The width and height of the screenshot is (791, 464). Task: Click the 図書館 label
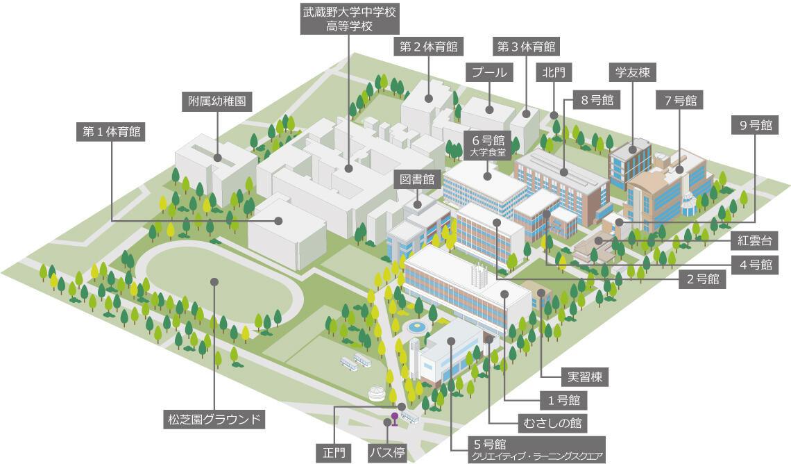(417, 179)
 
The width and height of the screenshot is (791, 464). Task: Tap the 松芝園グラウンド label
(214, 419)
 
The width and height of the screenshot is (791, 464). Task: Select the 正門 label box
(334, 452)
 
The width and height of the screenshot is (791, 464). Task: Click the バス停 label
(387, 452)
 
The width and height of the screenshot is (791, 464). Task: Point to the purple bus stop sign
(395, 419)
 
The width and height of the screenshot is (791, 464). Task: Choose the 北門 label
(554, 72)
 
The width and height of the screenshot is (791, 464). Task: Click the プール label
(489, 72)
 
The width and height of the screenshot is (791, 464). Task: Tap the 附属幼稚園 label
(217, 101)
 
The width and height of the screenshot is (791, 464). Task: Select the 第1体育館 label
(112, 132)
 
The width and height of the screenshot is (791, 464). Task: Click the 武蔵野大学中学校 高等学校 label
(350, 19)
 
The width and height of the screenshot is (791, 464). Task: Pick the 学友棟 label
(633, 72)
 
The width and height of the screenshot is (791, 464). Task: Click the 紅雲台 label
(755, 240)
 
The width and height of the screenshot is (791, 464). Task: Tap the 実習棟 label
(585, 376)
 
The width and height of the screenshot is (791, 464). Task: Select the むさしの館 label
(552, 422)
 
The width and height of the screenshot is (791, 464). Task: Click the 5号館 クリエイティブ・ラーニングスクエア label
(536, 449)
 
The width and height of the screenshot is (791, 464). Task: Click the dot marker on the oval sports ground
(214, 282)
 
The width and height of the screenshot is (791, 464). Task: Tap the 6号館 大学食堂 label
(488, 145)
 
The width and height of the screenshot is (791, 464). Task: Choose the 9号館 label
(755, 125)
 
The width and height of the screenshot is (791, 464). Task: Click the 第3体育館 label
(526, 47)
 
